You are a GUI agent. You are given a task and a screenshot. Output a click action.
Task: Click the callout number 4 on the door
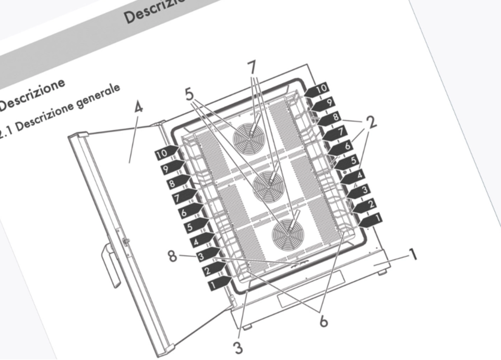coord(138,109)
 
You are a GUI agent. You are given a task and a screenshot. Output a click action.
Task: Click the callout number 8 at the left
coord(172,256)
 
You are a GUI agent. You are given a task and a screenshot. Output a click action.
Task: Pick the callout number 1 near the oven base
coord(413,255)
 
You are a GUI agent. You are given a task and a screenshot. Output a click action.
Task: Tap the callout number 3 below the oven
coord(238,346)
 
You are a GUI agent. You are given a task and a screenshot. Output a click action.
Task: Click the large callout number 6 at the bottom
coord(324,321)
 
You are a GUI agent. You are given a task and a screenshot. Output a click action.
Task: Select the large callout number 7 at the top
coord(252,67)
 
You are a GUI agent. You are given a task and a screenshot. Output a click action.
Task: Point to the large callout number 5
coord(189,94)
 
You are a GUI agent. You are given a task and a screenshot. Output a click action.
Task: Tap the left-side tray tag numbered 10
coord(163,154)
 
